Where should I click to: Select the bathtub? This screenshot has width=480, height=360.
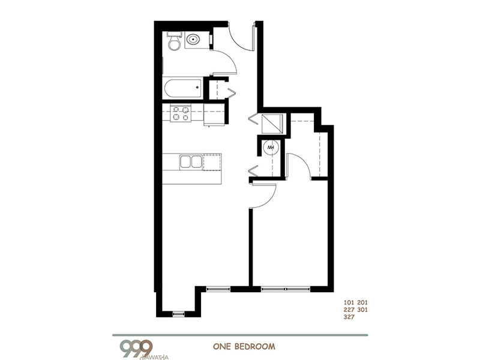pyautogui.click(x=182, y=89)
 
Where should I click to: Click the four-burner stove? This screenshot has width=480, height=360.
pyautogui.click(x=181, y=113)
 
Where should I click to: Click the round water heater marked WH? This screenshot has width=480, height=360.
pyautogui.click(x=271, y=147)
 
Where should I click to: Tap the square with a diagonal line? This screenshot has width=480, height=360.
pyautogui.click(x=269, y=123)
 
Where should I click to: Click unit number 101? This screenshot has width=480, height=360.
pyautogui.click(x=349, y=302)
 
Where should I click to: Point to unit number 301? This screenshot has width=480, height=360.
pyautogui.click(x=361, y=310)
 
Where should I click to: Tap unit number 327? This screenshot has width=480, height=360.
pyautogui.click(x=349, y=319)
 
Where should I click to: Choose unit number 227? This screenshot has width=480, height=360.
pyautogui.click(x=349, y=310)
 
